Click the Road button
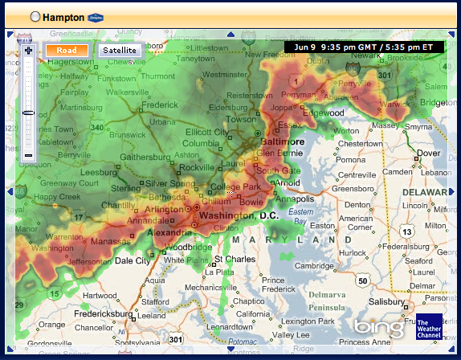click(x=67, y=50)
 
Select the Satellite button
click(x=120, y=50)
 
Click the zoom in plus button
click(x=28, y=51)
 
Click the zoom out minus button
click(x=28, y=154)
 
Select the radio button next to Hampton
click(x=35, y=16)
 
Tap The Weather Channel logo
click(x=427, y=329)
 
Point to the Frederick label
click(x=159, y=104)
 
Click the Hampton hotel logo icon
click(x=96, y=16)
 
